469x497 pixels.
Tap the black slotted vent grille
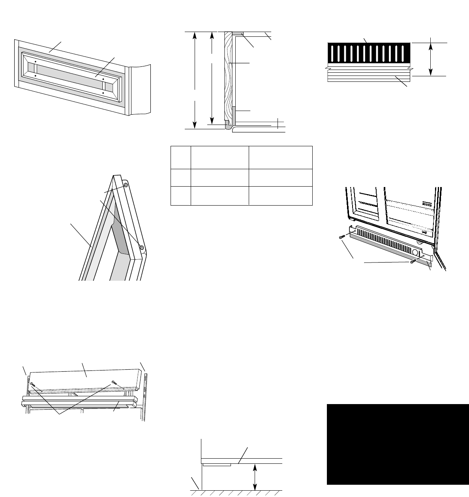369,54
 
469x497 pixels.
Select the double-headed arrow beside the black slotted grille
430,59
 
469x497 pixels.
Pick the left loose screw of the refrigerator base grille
341,236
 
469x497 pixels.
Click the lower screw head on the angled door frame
141,247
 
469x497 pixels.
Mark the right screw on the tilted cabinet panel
114,382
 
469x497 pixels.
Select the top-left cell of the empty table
180,157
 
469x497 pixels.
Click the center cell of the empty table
219,178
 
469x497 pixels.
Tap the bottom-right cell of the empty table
280,196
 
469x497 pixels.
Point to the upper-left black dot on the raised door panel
36,62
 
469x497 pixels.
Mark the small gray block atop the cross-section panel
237,34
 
